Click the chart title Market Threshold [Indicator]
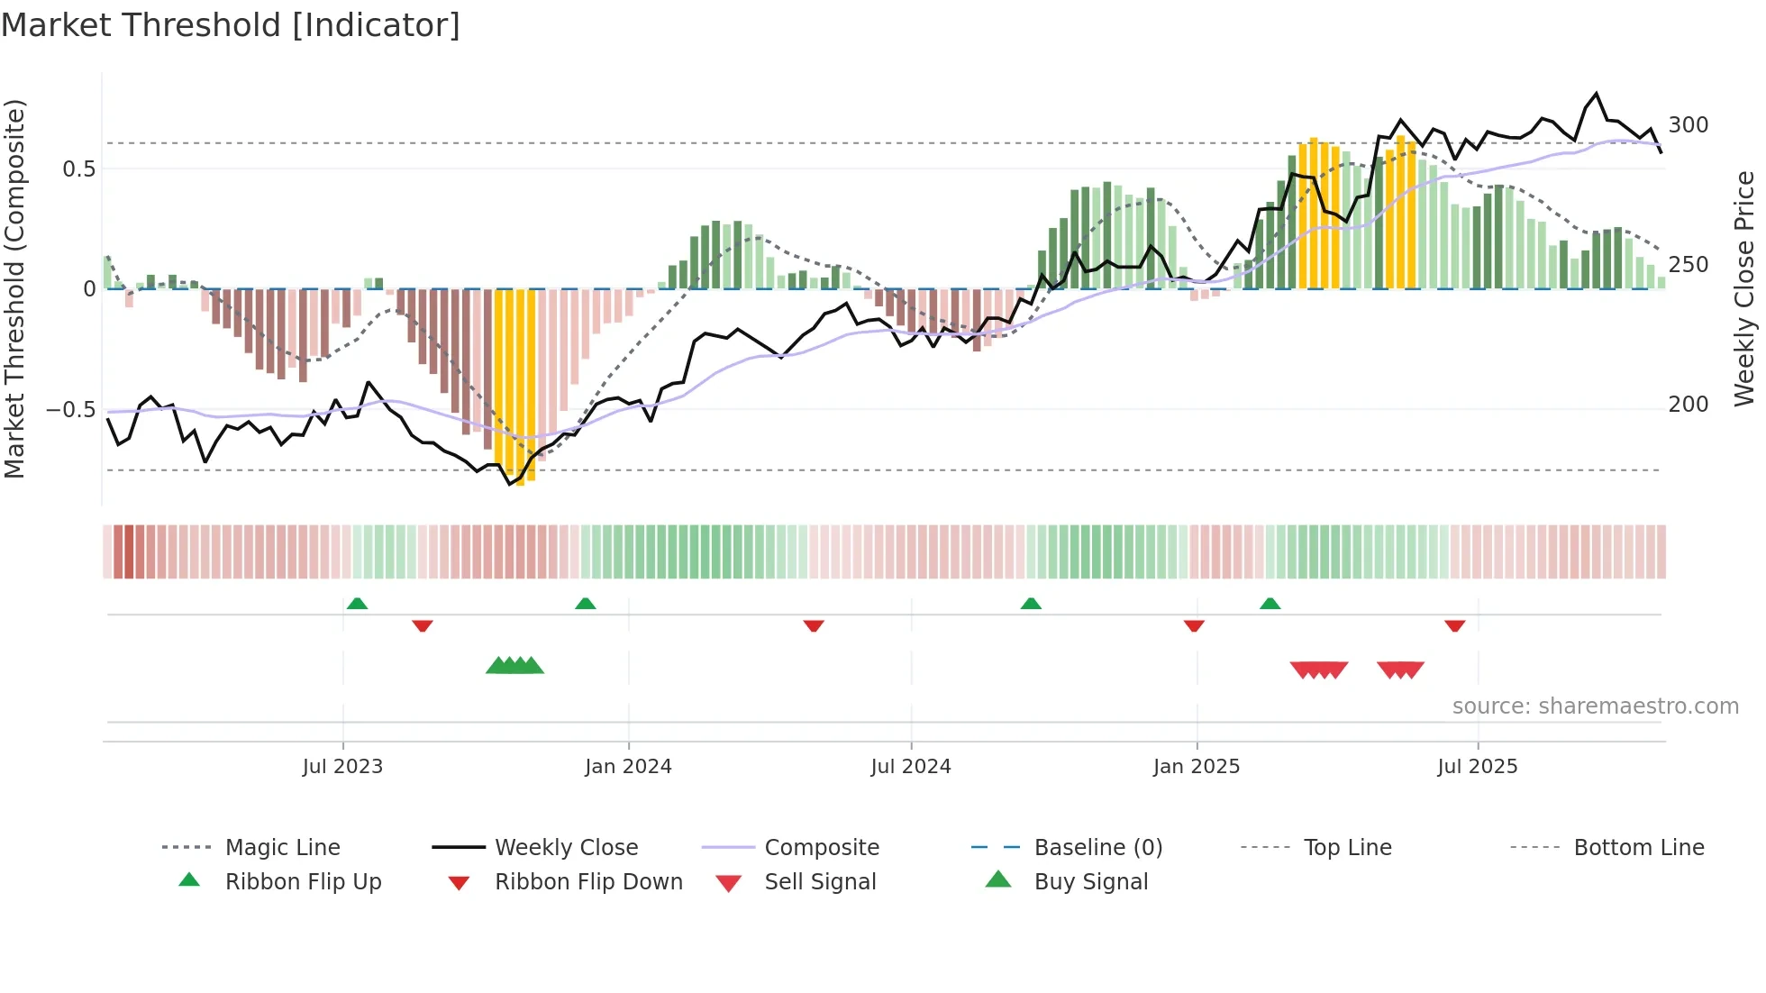(x=231, y=25)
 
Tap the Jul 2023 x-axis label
(x=342, y=767)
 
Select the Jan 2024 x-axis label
(x=628, y=767)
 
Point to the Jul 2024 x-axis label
(x=911, y=767)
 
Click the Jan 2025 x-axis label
(x=1197, y=767)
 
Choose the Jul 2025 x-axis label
(x=1478, y=767)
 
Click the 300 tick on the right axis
(x=1689, y=125)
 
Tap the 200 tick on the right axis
(x=1689, y=405)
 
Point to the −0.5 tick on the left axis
(x=70, y=410)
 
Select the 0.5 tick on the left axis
(x=78, y=169)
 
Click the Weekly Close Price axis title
(x=1745, y=288)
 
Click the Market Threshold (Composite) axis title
(x=15, y=288)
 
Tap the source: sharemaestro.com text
(x=1595, y=706)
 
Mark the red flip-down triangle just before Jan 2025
(x=1194, y=625)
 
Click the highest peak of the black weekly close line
(x=1597, y=94)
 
